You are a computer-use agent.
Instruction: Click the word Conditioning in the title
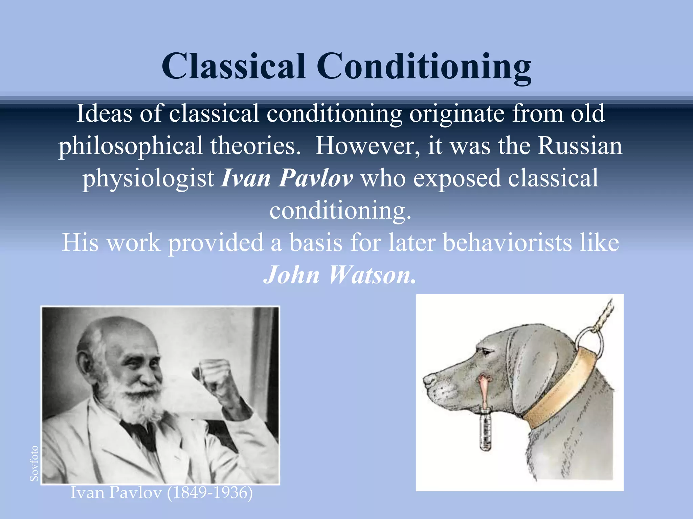pos(424,67)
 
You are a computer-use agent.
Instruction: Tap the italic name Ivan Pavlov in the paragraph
pos(287,178)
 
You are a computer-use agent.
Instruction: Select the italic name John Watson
pos(339,275)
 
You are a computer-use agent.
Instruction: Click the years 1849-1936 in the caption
pos(210,493)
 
